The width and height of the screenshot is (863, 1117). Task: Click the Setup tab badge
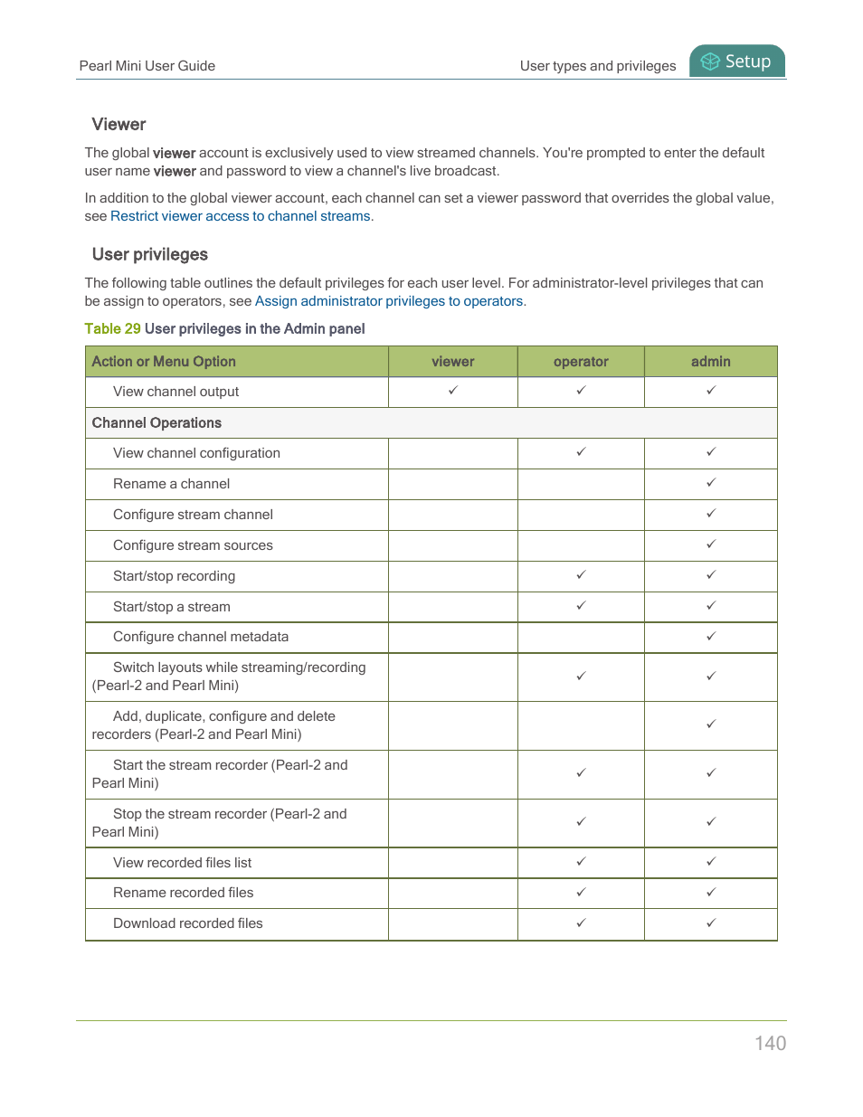tap(737, 62)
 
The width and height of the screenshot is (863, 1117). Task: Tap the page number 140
tap(770, 1043)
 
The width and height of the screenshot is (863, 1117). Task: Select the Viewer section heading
tap(119, 125)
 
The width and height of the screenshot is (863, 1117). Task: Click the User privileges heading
tap(150, 255)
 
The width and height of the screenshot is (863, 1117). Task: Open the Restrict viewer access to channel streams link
tap(241, 216)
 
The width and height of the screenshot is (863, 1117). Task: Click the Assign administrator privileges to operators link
tap(389, 301)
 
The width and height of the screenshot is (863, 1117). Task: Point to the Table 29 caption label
tap(112, 329)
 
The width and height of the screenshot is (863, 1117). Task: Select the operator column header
tap(581, 362)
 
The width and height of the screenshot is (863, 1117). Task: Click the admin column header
tap(711, 362)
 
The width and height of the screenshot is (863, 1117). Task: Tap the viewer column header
tap(453, 362)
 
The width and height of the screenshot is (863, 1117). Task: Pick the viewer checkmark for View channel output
tap(453, 391)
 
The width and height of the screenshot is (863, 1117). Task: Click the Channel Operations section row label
tap(156, 423)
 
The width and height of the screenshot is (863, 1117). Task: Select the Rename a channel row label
tap(171, 484)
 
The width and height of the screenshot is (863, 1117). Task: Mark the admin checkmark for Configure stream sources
tap(711, 544)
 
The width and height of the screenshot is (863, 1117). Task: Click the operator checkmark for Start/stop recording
tap(581, 575)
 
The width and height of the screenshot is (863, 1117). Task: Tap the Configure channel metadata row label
tap(201, 637)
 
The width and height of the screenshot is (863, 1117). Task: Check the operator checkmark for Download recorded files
tap(581, 923)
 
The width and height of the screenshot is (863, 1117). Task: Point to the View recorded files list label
tap(182, 863)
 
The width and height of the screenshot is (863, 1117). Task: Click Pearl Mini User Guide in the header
tap(147, 66)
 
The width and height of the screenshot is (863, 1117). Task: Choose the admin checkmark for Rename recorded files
tap(711, 893)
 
